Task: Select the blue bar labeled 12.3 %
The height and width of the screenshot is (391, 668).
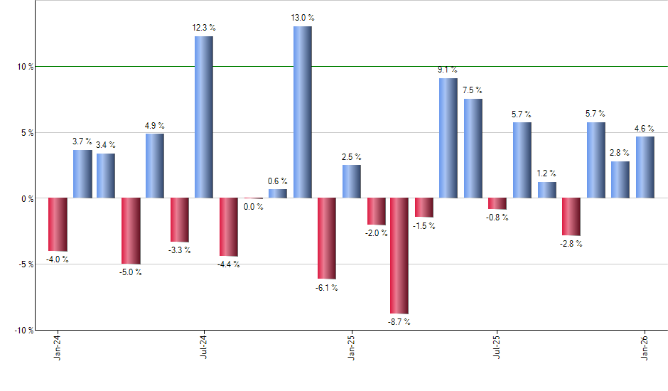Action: [x=204, y=117]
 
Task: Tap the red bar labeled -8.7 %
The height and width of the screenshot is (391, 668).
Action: [x=399, y=255]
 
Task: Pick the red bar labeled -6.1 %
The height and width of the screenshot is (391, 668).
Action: [x=326, y=238]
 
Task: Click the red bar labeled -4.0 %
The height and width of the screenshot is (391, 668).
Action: [x=57, y=224]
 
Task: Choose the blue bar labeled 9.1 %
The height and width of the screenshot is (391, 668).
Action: [x=448, y=138]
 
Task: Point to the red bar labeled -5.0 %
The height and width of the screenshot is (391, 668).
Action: [x=131, y=231]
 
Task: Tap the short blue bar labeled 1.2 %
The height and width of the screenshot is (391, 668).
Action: [x=546, y=190]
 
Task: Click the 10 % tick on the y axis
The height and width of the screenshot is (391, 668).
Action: [x=26, y=67]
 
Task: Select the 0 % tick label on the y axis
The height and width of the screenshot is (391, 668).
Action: [x=28, y=198]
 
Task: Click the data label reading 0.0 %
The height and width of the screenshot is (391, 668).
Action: [x=253, y=207]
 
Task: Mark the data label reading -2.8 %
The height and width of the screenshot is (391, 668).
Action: [x=571, y=244]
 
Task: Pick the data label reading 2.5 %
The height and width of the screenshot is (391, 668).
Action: [x=351, y=156]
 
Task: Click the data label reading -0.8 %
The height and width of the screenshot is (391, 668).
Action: [x=497, y=218]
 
